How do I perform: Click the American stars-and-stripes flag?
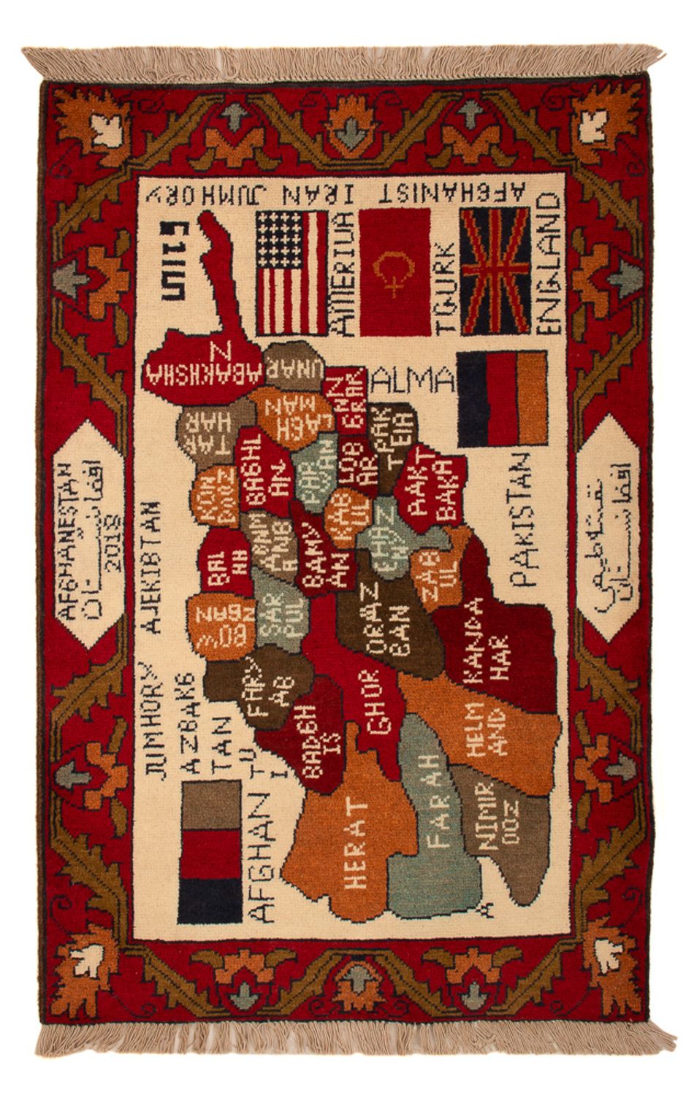coord(291,272)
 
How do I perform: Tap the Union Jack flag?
coord(495,271)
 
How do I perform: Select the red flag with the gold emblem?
coord(395,272)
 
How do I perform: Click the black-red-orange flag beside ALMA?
coord(501,399)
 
